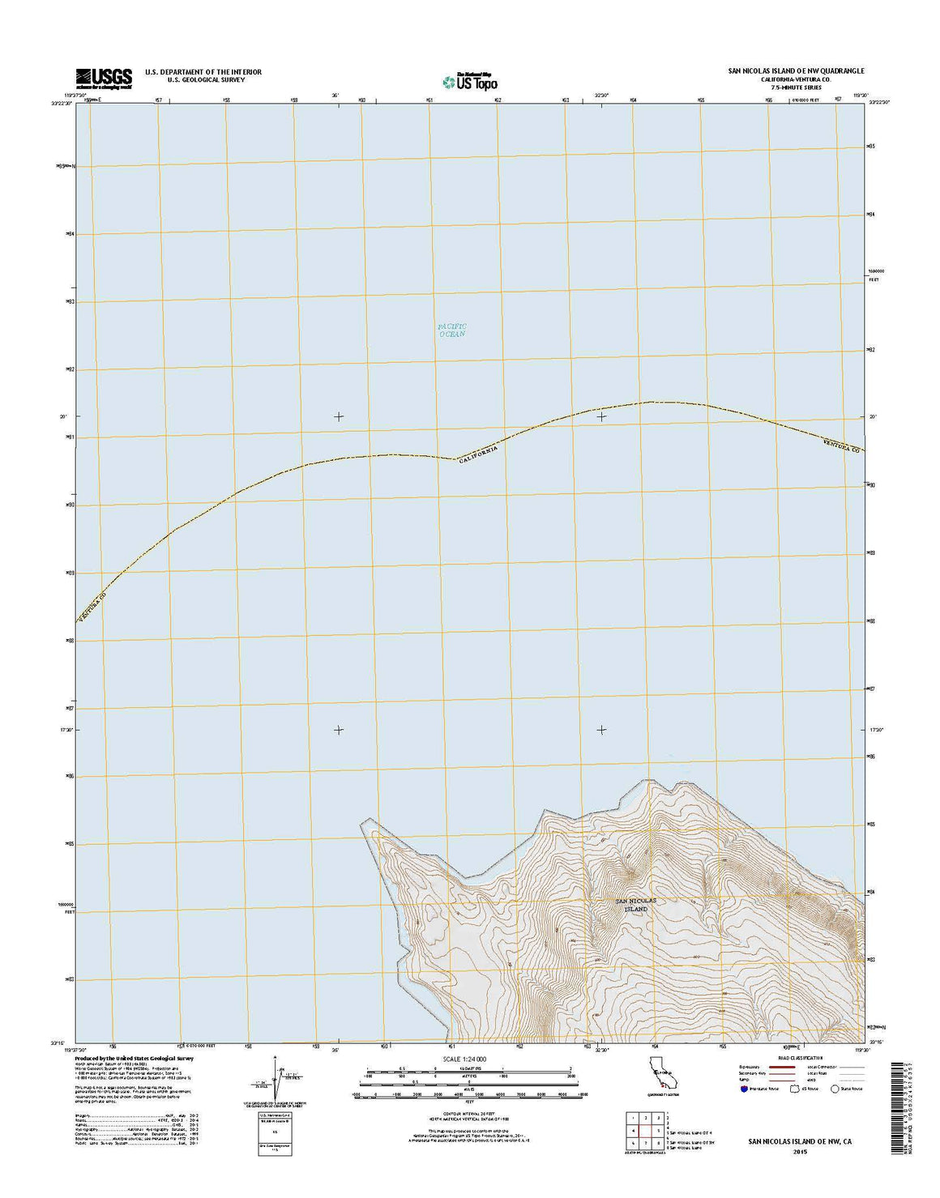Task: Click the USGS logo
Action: point(104,77)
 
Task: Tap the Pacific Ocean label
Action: point(452,330)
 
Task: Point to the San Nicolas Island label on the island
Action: point(635,905)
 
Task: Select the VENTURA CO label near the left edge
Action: point(92,606)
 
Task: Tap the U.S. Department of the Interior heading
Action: point(203,72)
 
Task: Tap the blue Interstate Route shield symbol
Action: point(743,1089)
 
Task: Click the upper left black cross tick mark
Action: point(339,416)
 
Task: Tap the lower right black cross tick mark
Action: point(601,730)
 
